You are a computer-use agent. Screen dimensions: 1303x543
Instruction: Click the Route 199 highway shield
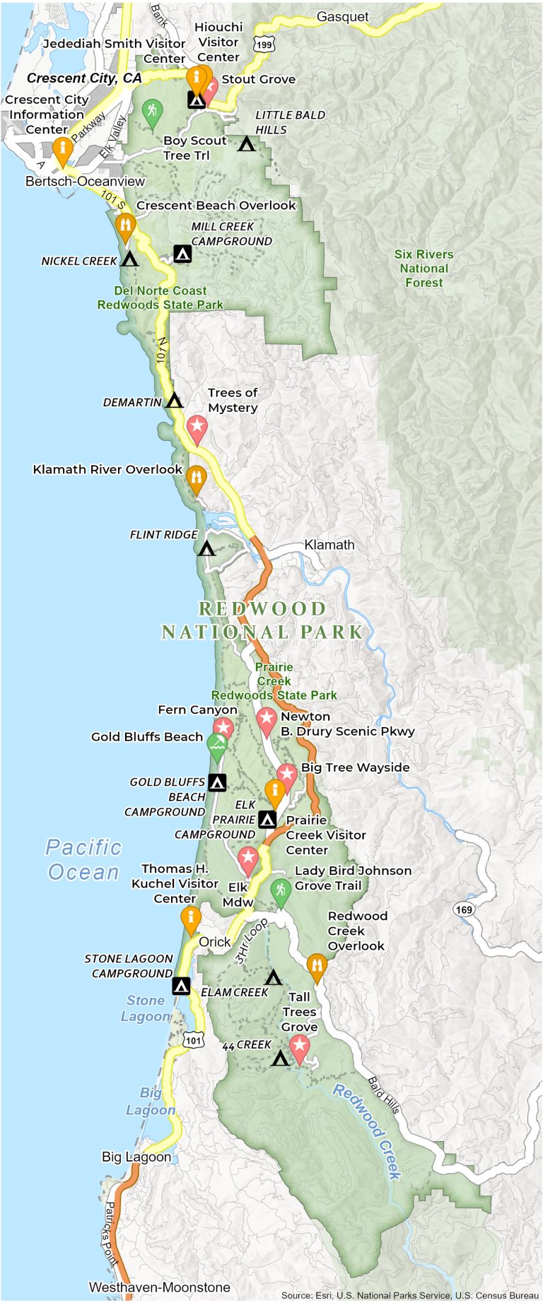point(264,45)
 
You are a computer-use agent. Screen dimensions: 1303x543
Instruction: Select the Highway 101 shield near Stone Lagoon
point(194,1040)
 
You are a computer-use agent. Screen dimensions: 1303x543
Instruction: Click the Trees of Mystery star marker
point(197,427)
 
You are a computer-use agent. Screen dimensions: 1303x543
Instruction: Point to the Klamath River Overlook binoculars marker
point(196,477)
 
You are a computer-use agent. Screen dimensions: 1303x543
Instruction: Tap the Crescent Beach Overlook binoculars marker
point(126,225)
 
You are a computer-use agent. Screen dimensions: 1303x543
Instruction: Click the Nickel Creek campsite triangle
point(129,259)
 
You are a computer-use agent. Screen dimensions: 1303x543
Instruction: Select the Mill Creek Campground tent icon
point(182,254)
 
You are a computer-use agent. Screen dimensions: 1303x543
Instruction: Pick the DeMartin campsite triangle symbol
point(174,401)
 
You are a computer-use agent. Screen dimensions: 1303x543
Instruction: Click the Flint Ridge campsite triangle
point(206,548)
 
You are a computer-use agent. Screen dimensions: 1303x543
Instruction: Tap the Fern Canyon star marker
point(223,729)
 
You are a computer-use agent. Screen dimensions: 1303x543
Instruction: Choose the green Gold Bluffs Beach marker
point(217,745)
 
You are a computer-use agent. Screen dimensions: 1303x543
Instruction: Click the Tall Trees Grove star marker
point(299,1046)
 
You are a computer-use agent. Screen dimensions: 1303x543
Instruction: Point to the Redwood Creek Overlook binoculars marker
point(317,965)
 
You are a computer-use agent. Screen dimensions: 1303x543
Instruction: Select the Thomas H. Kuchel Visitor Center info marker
point(191,919)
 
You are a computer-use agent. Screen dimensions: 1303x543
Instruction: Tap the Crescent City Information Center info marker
point(62,149)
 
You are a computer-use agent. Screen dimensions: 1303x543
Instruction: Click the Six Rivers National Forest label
point(424,269)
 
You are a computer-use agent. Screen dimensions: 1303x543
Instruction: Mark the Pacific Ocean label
point(83,859)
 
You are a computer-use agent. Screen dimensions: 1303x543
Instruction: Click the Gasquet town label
point(342,17)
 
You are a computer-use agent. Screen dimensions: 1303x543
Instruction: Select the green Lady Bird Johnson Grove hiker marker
point(281,890)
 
